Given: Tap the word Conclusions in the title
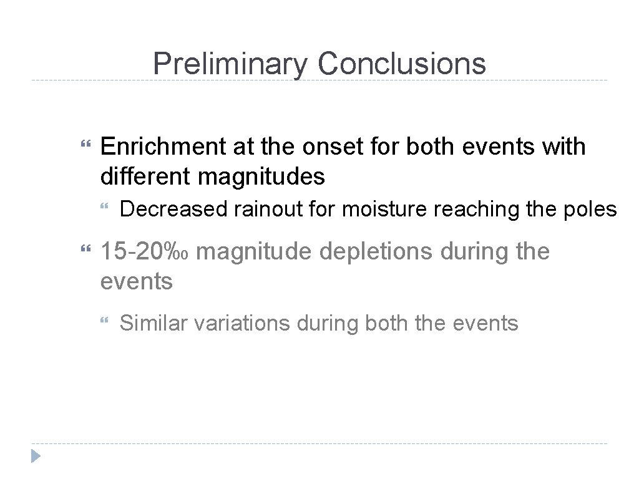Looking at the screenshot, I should (401, 64).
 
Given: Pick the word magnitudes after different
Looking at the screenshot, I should (261, 177).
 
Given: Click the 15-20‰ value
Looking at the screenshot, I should (148, 252).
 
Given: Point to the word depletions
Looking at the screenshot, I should (365, 252).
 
